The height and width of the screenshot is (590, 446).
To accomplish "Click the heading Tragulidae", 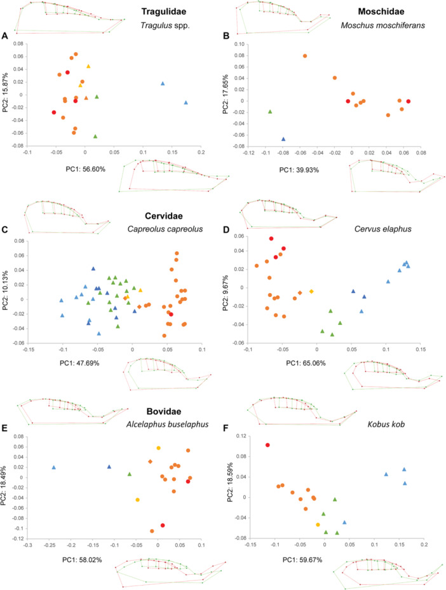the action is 163,11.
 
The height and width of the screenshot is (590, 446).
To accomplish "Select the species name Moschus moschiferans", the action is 383,25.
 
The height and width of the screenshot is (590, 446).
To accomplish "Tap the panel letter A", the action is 4,36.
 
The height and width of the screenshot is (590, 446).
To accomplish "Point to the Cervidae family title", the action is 164,216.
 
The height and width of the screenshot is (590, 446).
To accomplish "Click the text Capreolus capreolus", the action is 165,229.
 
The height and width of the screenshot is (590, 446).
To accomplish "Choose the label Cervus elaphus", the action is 383,229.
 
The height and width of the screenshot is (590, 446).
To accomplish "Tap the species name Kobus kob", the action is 386,425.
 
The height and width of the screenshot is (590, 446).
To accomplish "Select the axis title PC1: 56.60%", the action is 85,169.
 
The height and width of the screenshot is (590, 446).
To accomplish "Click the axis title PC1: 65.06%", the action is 306,363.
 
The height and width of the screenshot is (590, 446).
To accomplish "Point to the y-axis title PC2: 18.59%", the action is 229,483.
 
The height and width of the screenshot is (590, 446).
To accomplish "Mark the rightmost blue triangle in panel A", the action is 186,102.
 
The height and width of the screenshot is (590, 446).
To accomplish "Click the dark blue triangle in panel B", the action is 283,139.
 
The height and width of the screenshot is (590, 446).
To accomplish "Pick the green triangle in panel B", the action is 270,111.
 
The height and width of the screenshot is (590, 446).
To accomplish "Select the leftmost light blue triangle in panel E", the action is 54,467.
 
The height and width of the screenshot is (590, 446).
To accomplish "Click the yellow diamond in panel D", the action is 311,291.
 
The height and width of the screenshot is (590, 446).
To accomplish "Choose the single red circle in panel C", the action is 171,314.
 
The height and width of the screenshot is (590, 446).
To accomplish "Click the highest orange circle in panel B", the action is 305,56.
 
